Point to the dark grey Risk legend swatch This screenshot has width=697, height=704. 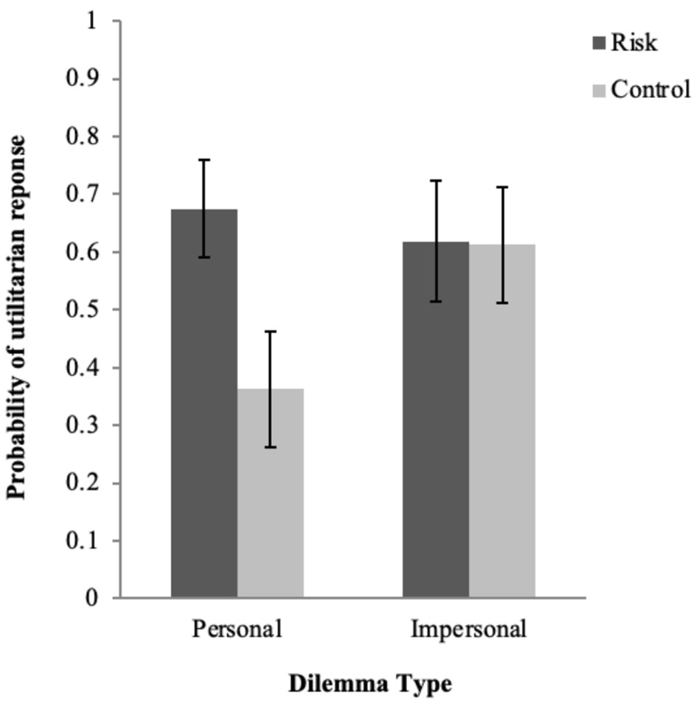[x=599, y=43]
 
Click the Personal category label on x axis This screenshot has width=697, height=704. [x=237, y=630]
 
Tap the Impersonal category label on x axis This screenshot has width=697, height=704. [x=469, y=630]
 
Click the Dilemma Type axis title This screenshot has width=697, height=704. [x=369, y=683]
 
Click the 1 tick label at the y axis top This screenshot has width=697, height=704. [x=91, y=21]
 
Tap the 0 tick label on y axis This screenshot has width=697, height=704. [x=91, y=598]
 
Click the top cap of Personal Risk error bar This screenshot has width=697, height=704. [x=204, y=160]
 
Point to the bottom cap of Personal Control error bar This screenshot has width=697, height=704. [x=270, y=447]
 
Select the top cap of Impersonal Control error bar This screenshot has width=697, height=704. [x=502, y=187]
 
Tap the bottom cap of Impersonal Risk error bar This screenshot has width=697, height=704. [x=436, y=302]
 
